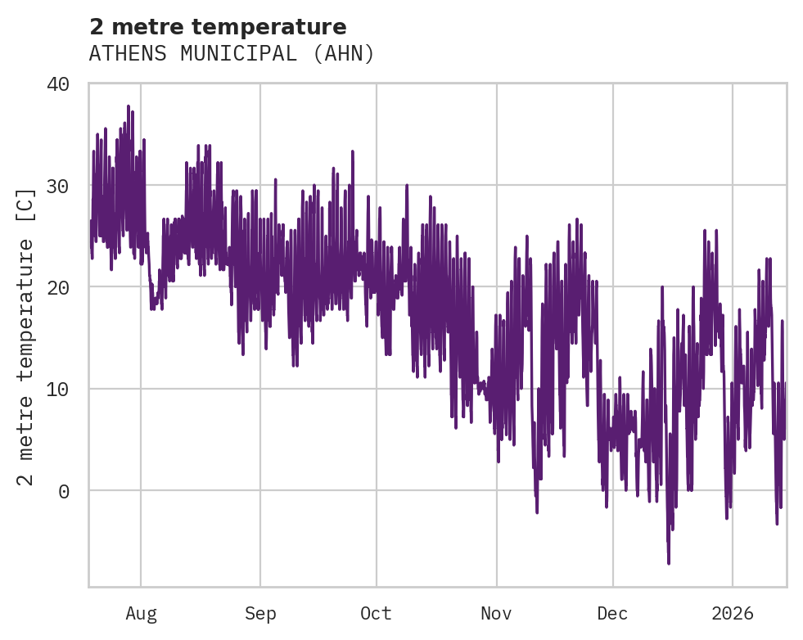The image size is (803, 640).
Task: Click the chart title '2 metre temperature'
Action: [218, 27]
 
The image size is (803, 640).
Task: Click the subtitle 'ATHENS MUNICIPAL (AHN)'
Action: [232, 54]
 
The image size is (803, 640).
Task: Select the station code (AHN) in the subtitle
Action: [344, 54]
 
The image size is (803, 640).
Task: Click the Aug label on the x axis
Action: [141, 613]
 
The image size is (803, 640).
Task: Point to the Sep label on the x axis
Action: [260, 613]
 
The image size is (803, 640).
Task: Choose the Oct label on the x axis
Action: [377, 613]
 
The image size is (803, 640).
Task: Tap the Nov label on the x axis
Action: [496, 613]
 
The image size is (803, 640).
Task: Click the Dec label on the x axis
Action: [612, 613]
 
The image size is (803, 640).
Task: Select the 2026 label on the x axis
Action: [733, 613]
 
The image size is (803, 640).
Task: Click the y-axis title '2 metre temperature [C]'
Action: [26, 336]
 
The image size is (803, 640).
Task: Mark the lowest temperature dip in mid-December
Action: [669, 562]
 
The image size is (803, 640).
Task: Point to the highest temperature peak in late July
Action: [129, 106]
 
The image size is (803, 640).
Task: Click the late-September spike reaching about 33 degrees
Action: [353, 152]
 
